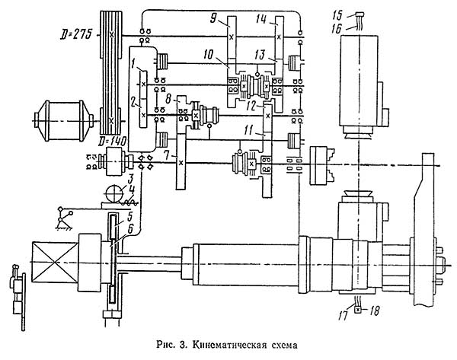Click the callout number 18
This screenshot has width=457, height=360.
375,311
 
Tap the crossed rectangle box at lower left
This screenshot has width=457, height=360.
53,264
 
